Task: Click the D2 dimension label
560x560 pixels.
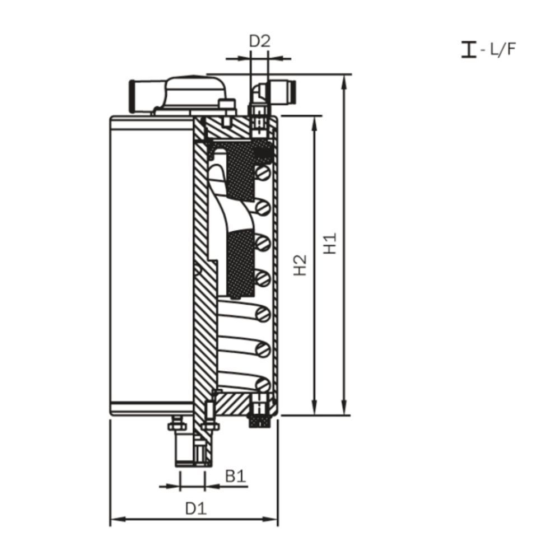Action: click(259, 41)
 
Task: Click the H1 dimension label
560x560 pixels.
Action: click(332, 244)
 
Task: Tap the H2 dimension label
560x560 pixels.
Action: click(301, 265)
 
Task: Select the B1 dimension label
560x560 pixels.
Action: click(235, 477)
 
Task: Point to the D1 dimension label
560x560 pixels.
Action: click(196, 508)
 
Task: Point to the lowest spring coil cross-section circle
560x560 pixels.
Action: click(263, 383)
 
